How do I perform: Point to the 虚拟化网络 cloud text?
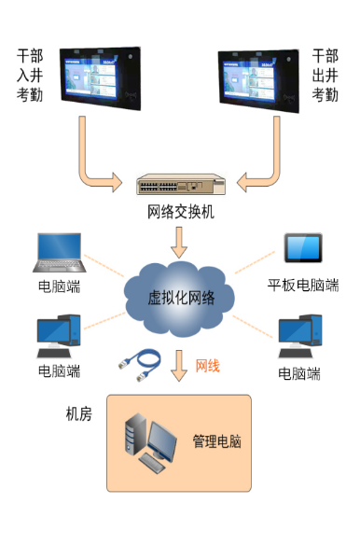click(181, 298)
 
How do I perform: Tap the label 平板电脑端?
click(303, 285)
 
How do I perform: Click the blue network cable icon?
click(138, 365)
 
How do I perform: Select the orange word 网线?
click(207, 365)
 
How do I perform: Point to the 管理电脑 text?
click(216, 440)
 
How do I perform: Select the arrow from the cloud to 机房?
click(179, 365)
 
